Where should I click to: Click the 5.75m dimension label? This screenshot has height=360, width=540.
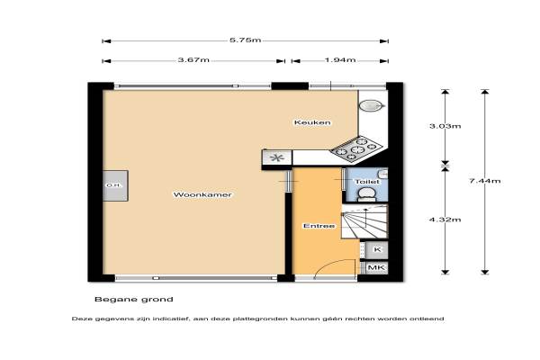tap(245, 40)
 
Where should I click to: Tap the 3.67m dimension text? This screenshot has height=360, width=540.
tap(193, 60)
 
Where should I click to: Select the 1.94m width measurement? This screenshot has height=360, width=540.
tap(340, 60)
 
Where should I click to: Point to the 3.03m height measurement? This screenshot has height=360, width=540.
tap(445, 126)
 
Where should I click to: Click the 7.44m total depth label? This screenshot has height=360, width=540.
tap(485, 181)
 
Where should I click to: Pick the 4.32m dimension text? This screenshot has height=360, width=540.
tap(445, 220)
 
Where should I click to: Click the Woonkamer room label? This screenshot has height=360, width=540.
tap(202, 194)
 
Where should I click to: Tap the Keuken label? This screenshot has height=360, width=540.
tap(312, 122)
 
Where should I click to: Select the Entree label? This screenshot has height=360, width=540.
tap(319, 226)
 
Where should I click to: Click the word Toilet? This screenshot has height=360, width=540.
tap(367, 182)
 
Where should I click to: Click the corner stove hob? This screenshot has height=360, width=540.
tap(356, 148)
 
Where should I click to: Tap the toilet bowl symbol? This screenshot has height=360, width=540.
tap(366, 194)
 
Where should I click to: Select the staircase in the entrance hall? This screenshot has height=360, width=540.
tap(364, 220)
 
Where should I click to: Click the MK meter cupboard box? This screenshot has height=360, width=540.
tap(376, 267)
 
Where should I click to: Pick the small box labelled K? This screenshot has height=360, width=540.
tap(376, 250)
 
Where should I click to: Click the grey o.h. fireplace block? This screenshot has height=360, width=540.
tap(115, 185)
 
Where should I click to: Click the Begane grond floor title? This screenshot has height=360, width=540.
tap(133, 300)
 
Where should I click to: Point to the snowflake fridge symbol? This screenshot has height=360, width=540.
tap(277, 158)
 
